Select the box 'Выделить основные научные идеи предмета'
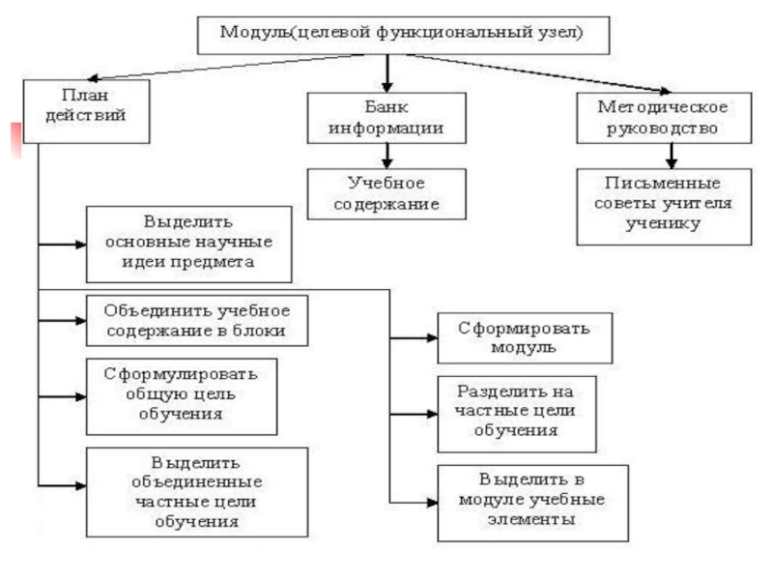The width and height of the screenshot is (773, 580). coord(187,243)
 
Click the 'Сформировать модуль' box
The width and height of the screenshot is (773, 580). coord(524,337)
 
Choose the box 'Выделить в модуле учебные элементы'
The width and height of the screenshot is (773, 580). coord(532,502)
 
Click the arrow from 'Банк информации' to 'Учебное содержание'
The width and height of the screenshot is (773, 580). coord(386,155)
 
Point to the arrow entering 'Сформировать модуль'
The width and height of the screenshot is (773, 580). coord(415,337)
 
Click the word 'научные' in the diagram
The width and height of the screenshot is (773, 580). coord(229,243)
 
